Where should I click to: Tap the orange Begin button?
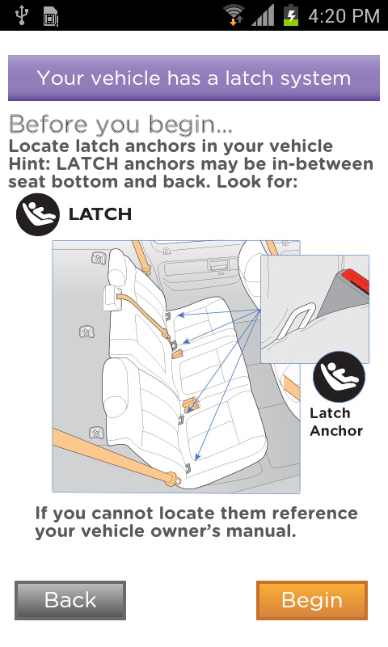click(x=312, y=600)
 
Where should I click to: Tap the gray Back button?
click(x=70, y=600)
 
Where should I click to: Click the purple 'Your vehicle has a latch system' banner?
click(x=194, y=78)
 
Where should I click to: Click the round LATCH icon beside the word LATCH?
click(x=37, y=214)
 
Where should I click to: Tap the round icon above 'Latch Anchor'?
click(x=339, y=377)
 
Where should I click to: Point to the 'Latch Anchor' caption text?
click(x=336, y=421)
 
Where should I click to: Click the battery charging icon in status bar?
click(x=291, y=15)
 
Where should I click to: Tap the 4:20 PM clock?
click(x=344, y=16)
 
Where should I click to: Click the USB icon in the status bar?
click(x=22, y=15)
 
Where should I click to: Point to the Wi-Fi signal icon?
click(x=234, y=15)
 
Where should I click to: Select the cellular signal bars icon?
click(x=263, y=16)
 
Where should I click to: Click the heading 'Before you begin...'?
click(x=120, y=125)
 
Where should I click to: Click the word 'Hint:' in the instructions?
click(x=30, y=164)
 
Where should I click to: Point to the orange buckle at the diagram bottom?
click(x=172, y=479)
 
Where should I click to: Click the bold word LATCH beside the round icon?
click(x=100, y=214)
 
